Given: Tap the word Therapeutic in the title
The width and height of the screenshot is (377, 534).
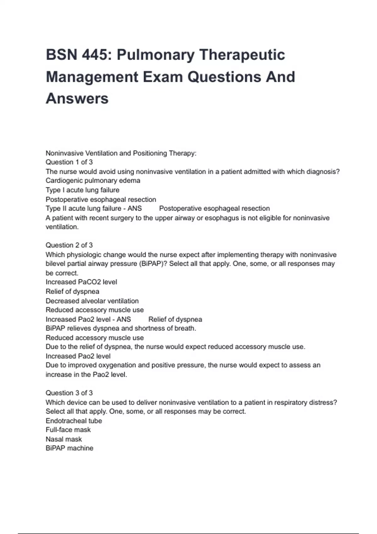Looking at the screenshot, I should pyautogui.click(x=242, y=55).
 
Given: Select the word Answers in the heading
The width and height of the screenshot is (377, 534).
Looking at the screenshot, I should pyautogui.click(x=77, y=99).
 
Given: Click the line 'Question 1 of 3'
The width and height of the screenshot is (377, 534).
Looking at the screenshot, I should pyautogui.click(x=69, y=162).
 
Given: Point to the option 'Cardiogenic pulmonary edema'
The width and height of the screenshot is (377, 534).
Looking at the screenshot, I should pyautogui.click(x=93, y=181).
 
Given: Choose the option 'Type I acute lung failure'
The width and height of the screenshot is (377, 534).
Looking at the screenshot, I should pyautogui.click(x=82, y=190).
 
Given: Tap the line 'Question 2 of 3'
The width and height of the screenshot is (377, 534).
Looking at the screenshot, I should pyautogui.click(x=69, y=245).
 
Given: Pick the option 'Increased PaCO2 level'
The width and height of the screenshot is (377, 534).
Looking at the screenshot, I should pyautogui.click(x=81, y=282).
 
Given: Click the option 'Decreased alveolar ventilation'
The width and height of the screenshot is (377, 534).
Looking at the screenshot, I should pyautogui.click(x=92, y=301).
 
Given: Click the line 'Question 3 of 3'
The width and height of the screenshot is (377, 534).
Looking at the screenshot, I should pyautogui.click(x=69, y=393).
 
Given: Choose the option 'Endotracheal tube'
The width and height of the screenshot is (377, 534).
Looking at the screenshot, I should pyautogui.click(x=74, y=421).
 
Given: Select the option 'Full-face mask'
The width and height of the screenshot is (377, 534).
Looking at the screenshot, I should pyautogui.click(x=68, y=430).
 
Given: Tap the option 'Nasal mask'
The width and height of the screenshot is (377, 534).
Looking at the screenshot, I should pyautogui.click(x=63, y=439).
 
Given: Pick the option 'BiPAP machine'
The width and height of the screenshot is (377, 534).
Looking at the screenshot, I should pyautogui.click(x=69, y=448).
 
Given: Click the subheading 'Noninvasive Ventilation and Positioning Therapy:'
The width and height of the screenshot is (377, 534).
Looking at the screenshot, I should pyautogui.click(x=121, y=153).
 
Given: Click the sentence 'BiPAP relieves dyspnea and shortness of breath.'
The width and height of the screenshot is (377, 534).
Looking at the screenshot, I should pyautogui.click(x=121, y=328).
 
